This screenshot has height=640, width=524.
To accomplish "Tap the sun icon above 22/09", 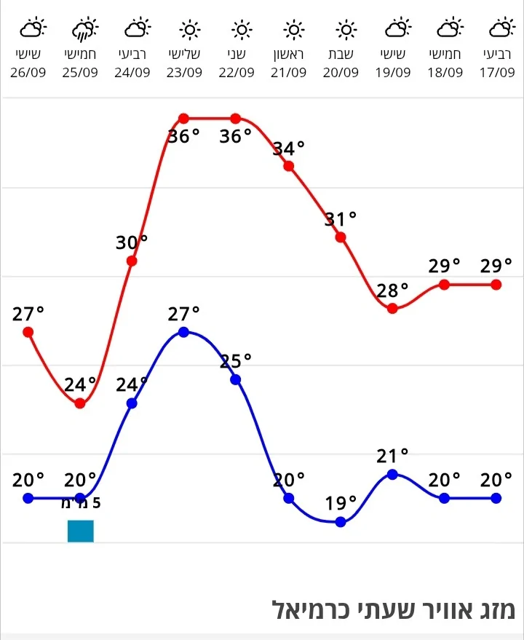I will (x=242, y=30).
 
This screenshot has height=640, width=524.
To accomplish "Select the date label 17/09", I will (x=497, y=73).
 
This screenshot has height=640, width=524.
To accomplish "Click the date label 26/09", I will (x=28, y=73).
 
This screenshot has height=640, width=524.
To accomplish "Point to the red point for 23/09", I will (x=183, y=119).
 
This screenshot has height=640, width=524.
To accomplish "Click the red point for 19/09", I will (x=393, y=308).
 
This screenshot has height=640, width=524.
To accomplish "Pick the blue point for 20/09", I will (x=341, y=521).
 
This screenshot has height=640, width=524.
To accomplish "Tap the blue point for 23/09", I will (x=183, y=332).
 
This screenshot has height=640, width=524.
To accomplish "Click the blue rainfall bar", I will (x=81, y=531).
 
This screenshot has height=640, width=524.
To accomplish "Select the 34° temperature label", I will (x=289, y=149).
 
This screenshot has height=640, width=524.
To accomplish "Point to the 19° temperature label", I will (x=341, y=503).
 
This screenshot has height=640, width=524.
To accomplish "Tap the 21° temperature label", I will (x=393, y=457).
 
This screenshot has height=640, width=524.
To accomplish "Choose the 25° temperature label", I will (x=236, y=360).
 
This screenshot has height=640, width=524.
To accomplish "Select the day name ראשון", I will (x=295, y=55).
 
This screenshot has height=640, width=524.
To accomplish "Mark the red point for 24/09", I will (x=132, y=261).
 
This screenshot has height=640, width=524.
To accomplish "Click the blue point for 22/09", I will (x=236, y=379).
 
